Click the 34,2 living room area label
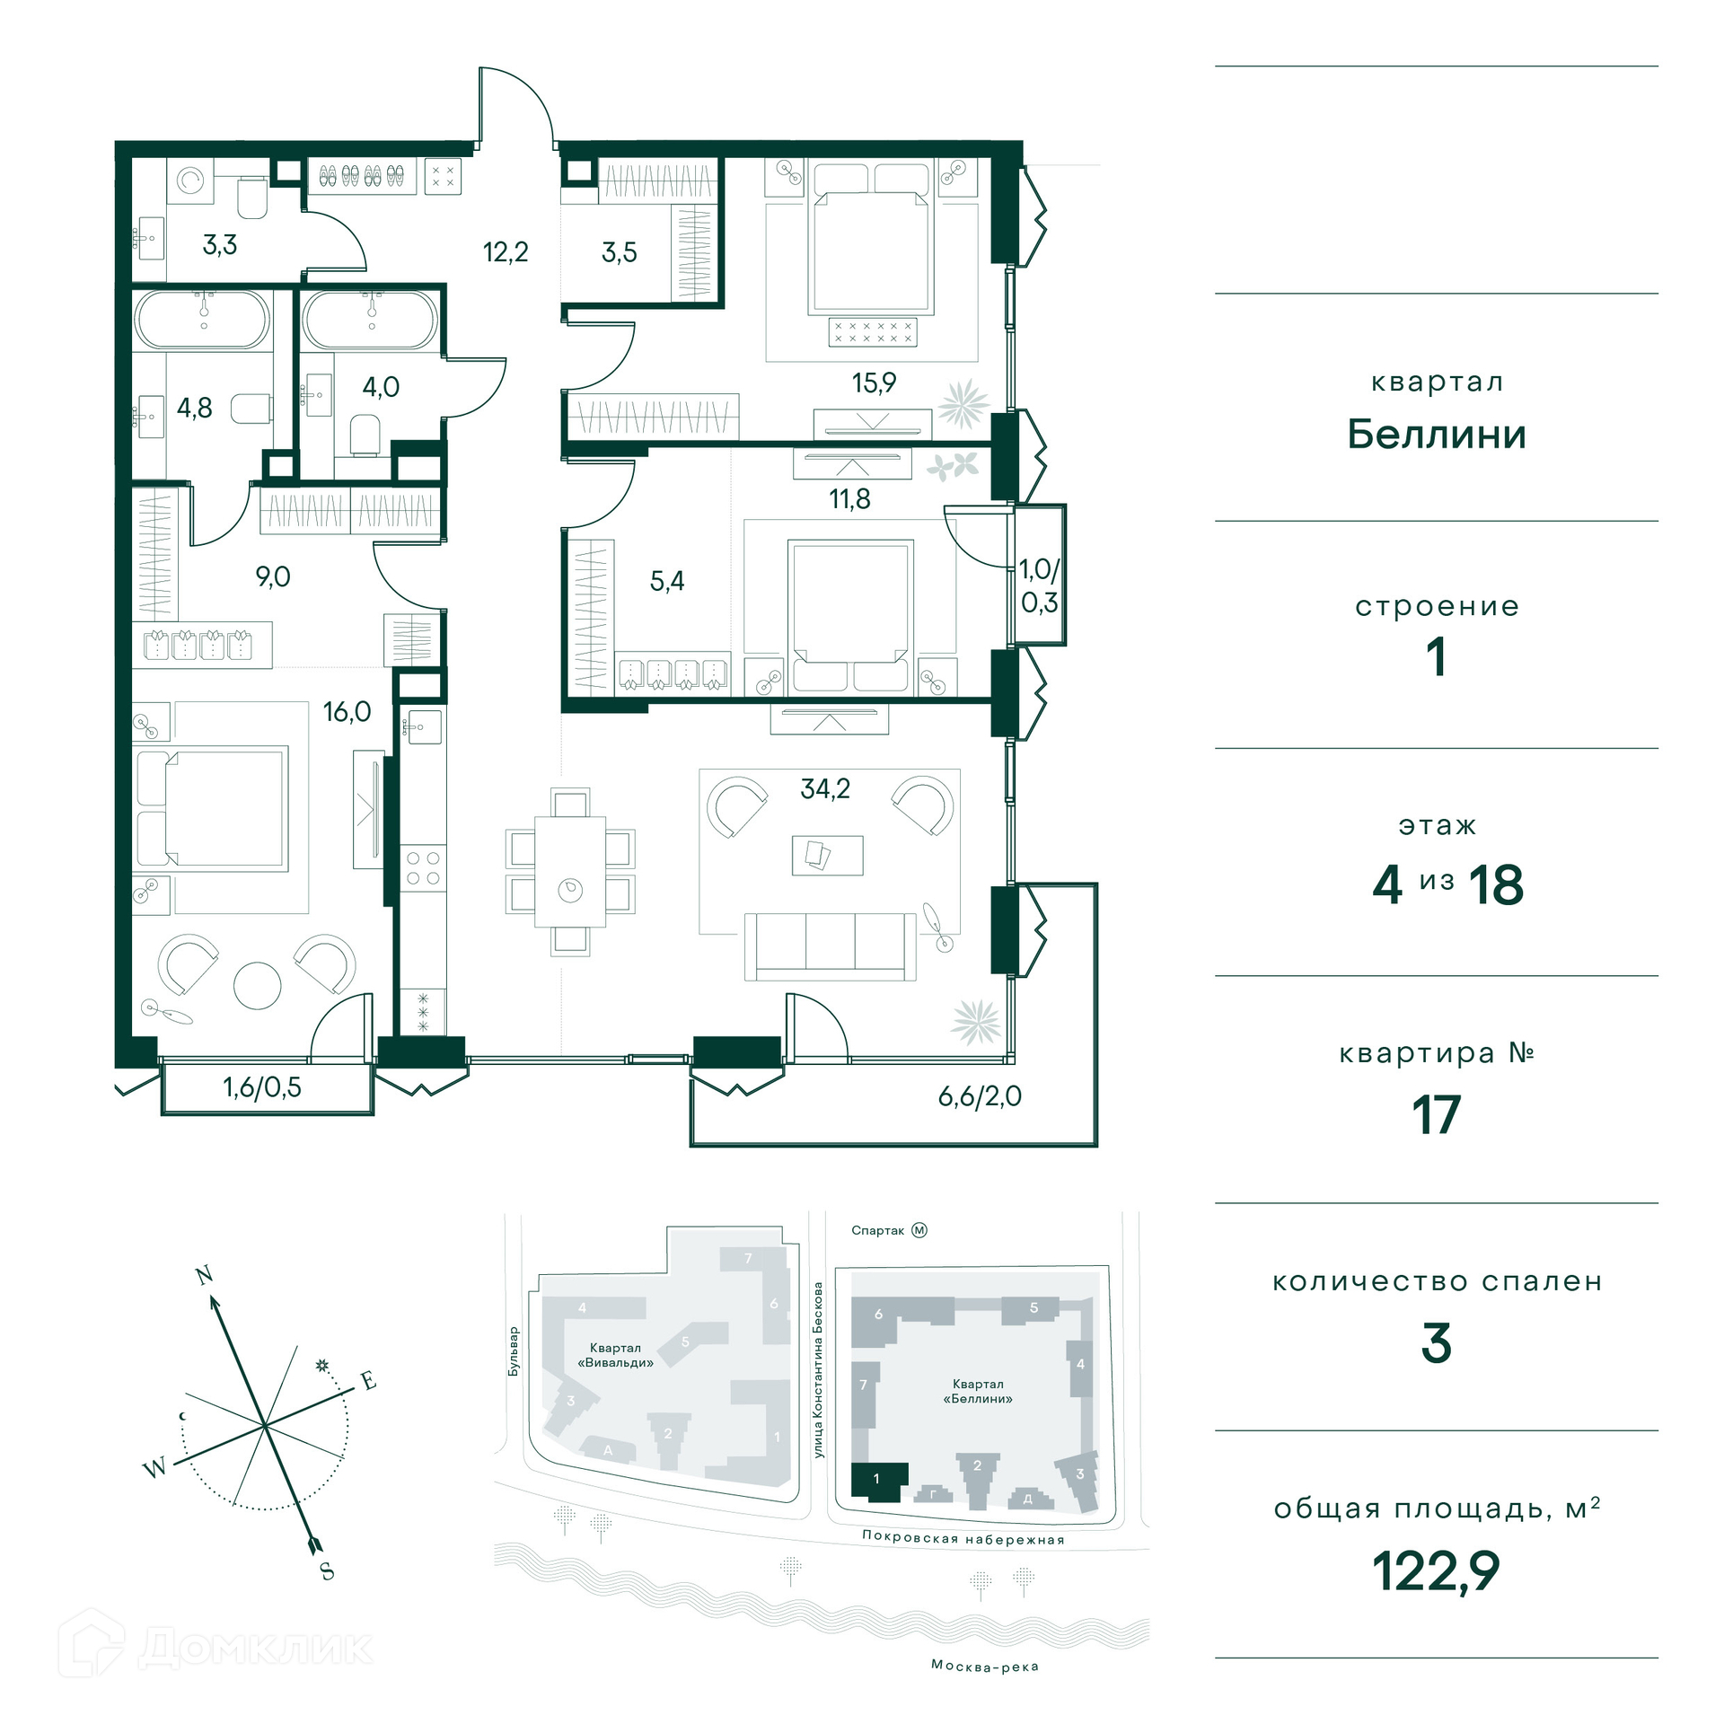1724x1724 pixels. pyautogui.click(x=825, y=789)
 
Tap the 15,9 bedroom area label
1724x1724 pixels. pyautogui.click(x=874, y=383)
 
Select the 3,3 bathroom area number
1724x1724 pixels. pyautogui.click(x=220, y=244)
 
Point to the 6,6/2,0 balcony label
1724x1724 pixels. pyautogui.click(x=980, y=1096)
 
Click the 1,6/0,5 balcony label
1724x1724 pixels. pyautogui.click(x=262, y=1087)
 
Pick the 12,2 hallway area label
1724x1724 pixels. pyautogui.click(x=506, y=252)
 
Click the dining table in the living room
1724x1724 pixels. pyautogui.click(x=570, y=871)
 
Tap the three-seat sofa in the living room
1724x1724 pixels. pyautogui.click(x=831, y=946)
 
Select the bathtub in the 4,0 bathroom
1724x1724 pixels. pyautogui.click(x=371, y=321)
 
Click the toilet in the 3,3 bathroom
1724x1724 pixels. pyautogui.click(x=252, y=199)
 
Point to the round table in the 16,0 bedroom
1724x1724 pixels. pyautogui.click(x=258, y=986)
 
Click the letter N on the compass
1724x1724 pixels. pyautogui.click(x=204, y=1275)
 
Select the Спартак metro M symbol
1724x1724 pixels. pyautogui.click(x=919, y=1230)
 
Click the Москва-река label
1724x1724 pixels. pyautogui.click(x=985, y=1666)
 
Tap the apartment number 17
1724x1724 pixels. pyautogui.click(x=1437, y=1114)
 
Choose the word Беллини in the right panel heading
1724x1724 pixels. pyautogui.click(x=1437, y=435)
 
